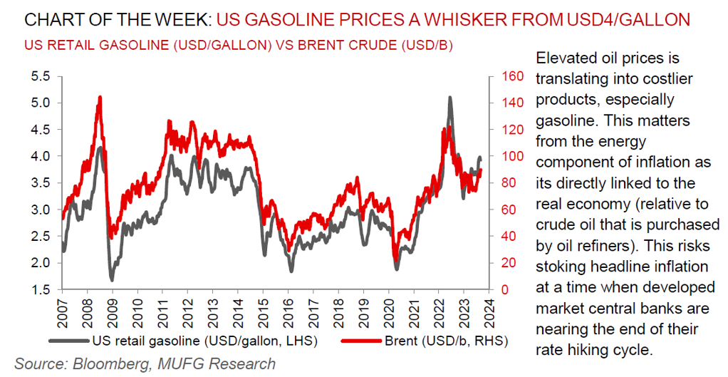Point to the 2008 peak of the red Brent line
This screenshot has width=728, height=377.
(100, 98)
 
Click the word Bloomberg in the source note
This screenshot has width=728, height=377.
(103, 363)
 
